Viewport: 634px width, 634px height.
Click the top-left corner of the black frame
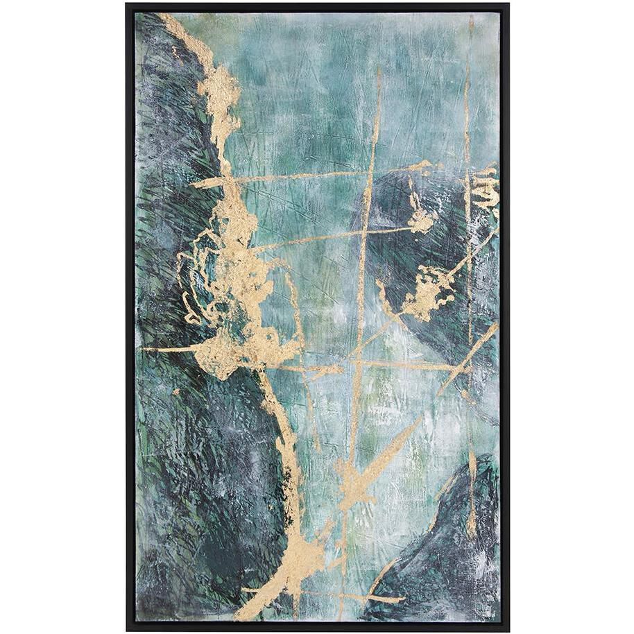click(x=128, y=5)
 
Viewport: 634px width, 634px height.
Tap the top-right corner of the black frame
click(x=508, y=5)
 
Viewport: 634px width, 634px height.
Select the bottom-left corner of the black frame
click(x=128, y=629)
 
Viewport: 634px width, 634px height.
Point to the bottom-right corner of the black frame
click(x=508, y=629)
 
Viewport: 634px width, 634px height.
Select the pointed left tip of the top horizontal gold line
click(x=193, y=185)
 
